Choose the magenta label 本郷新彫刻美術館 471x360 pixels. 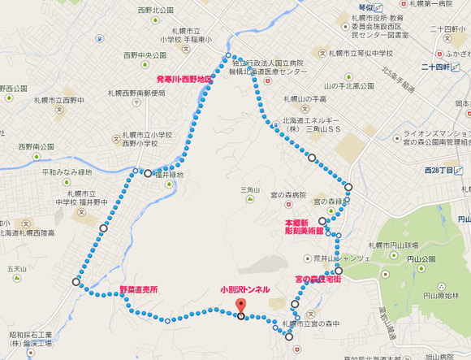click(303, 226)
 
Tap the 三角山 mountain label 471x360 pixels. click(248, 190)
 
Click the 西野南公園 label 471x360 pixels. click(36, 147)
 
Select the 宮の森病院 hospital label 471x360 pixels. click(289, 195)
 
